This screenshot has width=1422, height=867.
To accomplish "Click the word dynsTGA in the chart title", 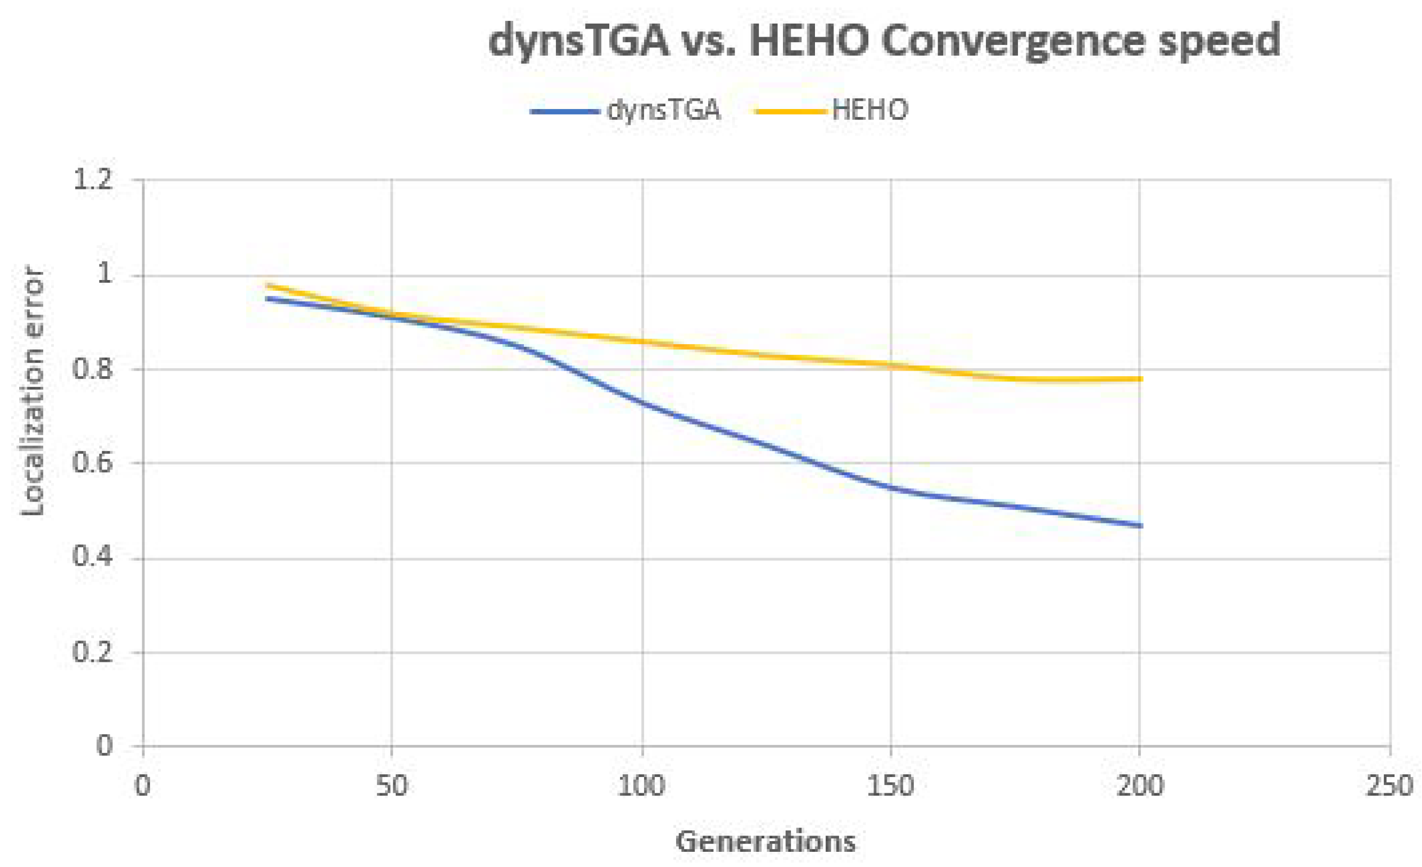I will [x=578, y=42].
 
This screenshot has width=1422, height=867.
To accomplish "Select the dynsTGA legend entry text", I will [x=663, y=110].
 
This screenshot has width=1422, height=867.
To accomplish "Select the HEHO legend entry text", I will [x=869, y=110].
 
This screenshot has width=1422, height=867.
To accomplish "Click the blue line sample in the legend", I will [x=564, y=111].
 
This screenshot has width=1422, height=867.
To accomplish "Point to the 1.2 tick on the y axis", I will [x=92, y=180].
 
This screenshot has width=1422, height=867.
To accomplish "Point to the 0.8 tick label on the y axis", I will [x=92, y=369].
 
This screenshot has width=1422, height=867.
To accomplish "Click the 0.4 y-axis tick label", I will [x=92, y=557].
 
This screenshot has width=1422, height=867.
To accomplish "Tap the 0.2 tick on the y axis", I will [x=92, y=652].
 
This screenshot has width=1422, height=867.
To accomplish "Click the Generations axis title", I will [x=766, y=841].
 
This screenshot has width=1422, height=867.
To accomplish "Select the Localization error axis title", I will [x=33, y=391].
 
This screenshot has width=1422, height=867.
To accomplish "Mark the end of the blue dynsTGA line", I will [x=1140, y=525].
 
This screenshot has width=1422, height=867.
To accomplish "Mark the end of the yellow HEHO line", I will [x=1140, y=379].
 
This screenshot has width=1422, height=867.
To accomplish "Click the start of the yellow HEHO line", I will [x=267, y=285].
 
